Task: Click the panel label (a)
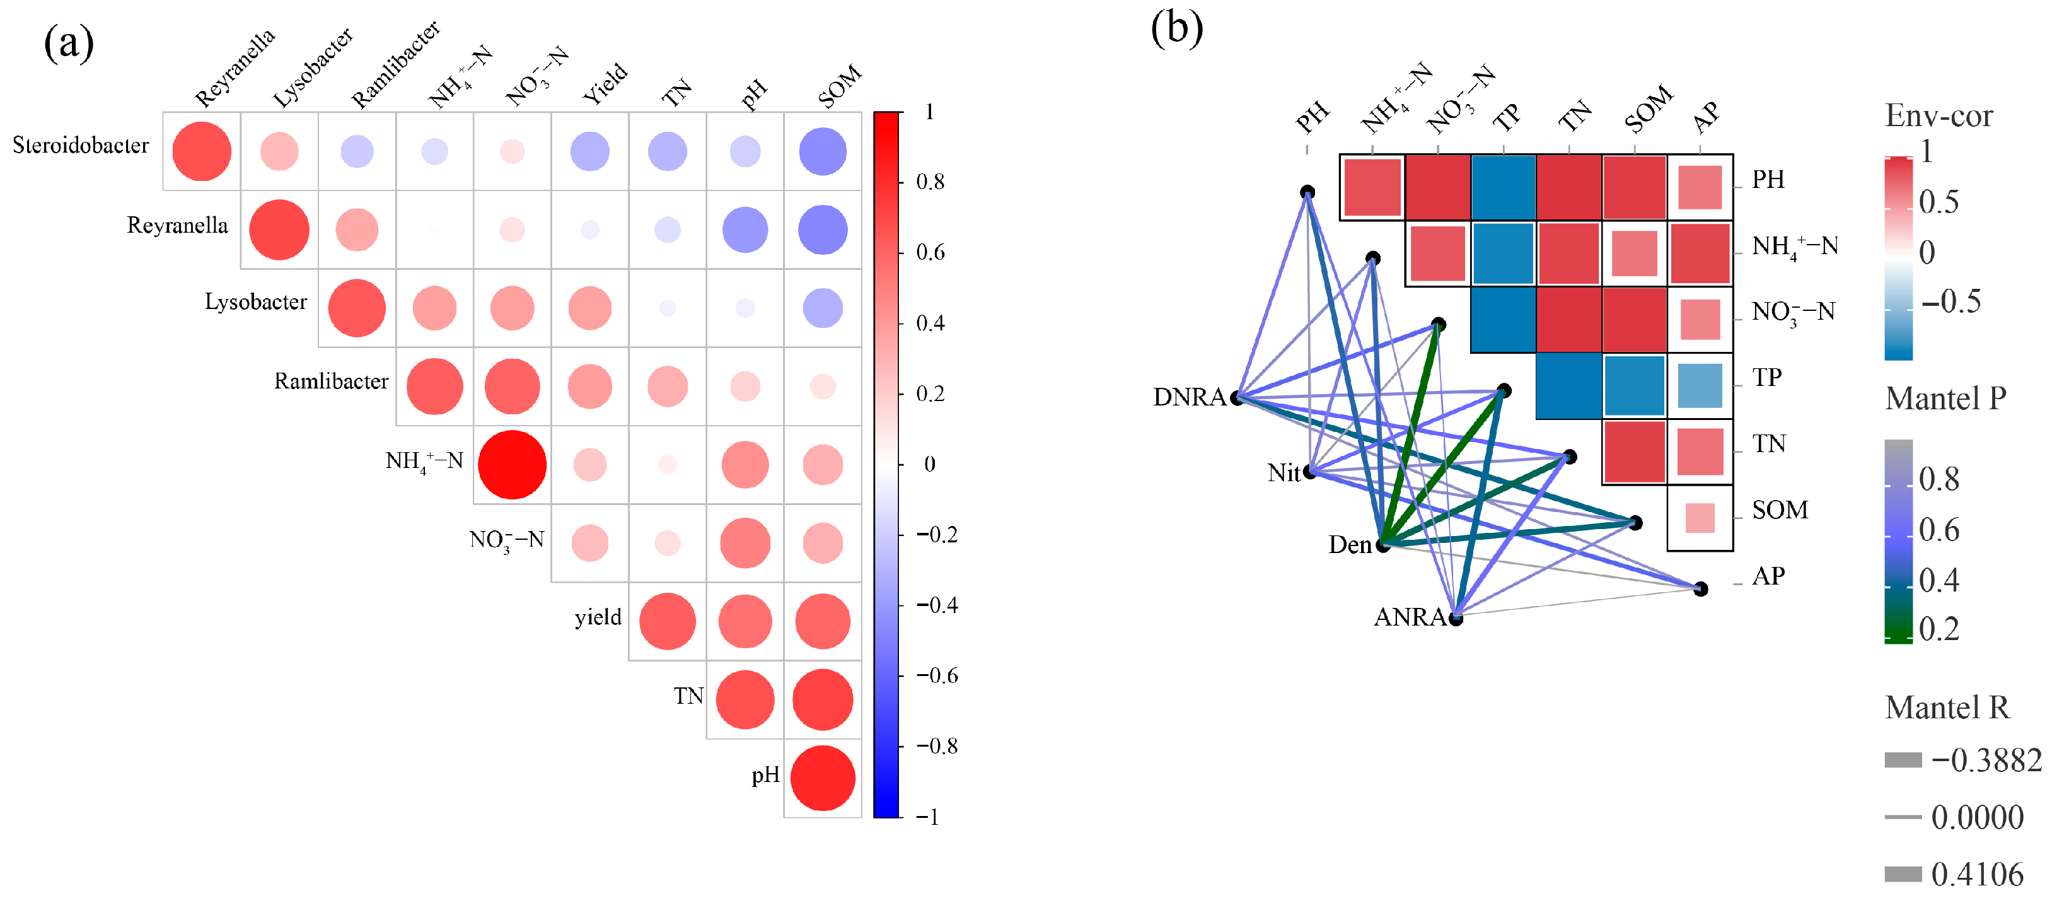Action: (x=69, y=43)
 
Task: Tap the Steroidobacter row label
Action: (x=81, y=145)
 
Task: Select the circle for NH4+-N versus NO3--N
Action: (x=512, y=465)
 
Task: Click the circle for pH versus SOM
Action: (x=822, y=778)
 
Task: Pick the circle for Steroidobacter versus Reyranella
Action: (x=202, y=151)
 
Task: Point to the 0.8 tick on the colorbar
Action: (x=930, y=182)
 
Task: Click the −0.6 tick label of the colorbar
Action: (x=936, y=675)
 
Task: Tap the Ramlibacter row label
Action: (x=332, y=381)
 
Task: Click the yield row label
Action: (x=598, y=617)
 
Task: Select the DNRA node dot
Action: (x=1237, y=398)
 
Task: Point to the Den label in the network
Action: (x=1350, y=544)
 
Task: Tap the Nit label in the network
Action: (x=1284, y=472)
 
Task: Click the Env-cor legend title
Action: (x=1938, y=116)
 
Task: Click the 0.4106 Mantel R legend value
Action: (x=1977, y=874)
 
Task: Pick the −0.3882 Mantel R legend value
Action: (x=1986, y=760)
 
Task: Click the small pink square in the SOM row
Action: (x=1700, y=518)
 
